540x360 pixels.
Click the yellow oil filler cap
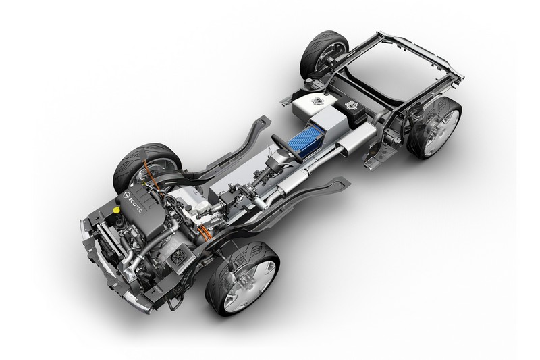click(x=117, y=209)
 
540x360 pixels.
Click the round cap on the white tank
click(x=315, y=101)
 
